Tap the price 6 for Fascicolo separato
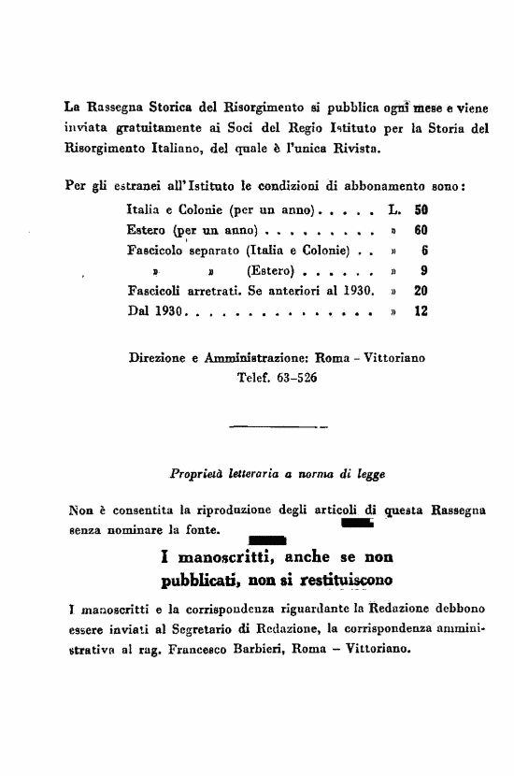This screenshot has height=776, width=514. (x=424, y=251)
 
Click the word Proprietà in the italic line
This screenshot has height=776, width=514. (x=193, y=474)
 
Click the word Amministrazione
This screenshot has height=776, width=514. (x=255, y=358)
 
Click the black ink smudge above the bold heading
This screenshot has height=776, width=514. (x=267, y=539)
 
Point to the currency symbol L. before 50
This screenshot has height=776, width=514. (x=393, y=211)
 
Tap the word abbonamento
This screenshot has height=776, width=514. (x=385, y=185)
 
